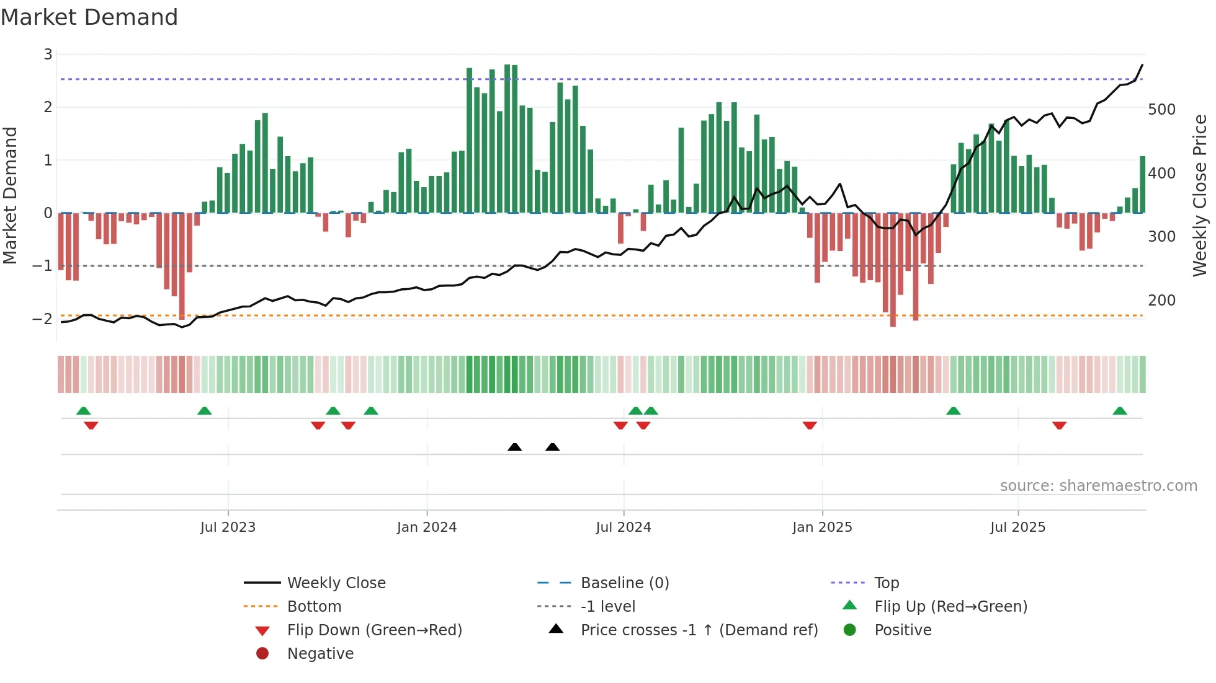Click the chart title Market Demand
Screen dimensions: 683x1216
(x=89, y=17)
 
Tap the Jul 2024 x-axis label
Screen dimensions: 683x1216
(x=623, y=527)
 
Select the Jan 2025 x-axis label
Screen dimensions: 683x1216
(x=822, y=527)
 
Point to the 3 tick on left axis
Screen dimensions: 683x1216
(x=48, y=55)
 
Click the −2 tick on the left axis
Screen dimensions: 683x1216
(x=43, y=319)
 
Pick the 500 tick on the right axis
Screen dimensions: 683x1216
(x=1161, y=110)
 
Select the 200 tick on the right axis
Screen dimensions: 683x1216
(x=1161, y=301)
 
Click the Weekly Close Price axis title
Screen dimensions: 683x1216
(x=1200, y=195)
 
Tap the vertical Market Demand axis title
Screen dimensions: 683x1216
(x=11, y=195)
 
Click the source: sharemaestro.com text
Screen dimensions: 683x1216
(x=1098, y=486)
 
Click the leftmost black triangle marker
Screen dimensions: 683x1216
(x=514, y=447)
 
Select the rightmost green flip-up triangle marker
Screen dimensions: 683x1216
(x=1120, y=411)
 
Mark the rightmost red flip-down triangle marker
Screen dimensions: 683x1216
(x=1059, y=425)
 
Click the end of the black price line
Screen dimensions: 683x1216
(x=1142, y=64)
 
